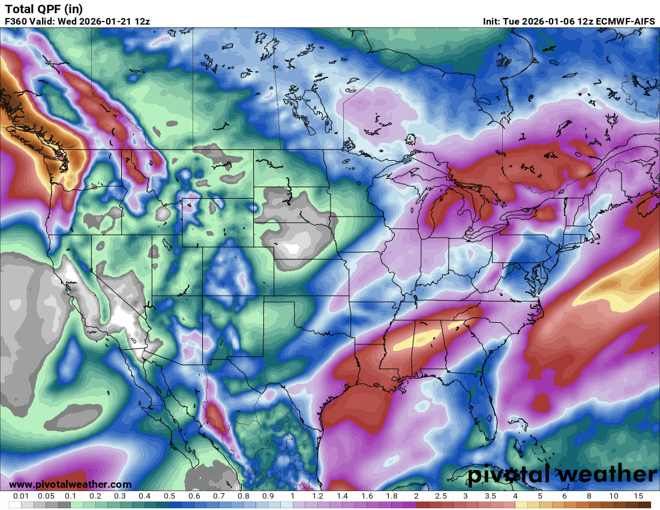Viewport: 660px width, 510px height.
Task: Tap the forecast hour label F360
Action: click(x=16, y=22)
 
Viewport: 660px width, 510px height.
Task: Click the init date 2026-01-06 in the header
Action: click(x=548, y=22)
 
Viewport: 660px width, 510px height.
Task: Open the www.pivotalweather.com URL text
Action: click(x=70, y=484)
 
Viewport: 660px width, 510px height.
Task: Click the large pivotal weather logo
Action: click(x=562, y=475)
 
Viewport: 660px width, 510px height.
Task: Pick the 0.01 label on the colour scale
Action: click(x=22, y=497)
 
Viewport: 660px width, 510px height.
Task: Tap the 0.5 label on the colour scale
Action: click(x=169, y=497)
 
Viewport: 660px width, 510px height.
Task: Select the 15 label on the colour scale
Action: click(x=638, y=497)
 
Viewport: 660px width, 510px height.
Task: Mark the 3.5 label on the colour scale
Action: click(x=490, y=497)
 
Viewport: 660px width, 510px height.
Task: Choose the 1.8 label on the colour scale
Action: click(x=391, y=497)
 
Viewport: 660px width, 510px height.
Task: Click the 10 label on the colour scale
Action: click(x=613, y=497)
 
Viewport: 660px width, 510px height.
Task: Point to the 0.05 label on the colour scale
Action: click(x=46, y=497)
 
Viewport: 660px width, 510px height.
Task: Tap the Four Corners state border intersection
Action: click(x=203, y=296)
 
